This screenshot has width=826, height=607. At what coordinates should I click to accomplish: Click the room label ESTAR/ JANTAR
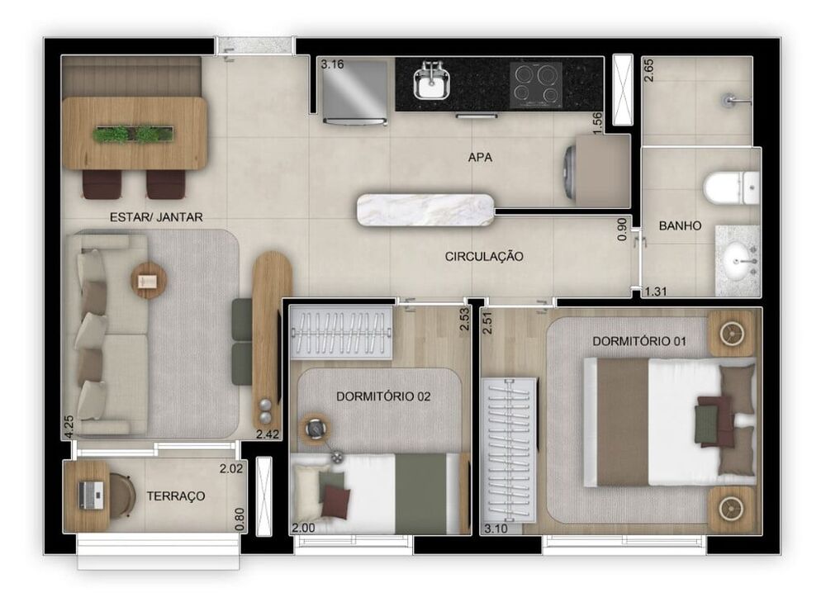[156, 217]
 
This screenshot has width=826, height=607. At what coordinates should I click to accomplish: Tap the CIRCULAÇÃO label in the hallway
[484, 257]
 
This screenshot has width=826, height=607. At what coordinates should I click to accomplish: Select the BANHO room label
[680, 225]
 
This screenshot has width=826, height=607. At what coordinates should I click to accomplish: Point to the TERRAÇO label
[176, 496]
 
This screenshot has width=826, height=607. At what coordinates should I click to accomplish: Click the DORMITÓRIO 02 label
[383, 396]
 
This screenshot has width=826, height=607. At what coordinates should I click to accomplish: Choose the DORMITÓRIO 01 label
[639, 341]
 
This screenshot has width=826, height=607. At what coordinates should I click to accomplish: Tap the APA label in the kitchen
[479, 157]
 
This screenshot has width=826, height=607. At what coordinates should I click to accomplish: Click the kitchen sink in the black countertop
[431, 83]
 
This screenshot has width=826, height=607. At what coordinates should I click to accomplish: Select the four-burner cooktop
[534, 83]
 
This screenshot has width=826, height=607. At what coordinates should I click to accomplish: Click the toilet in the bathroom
[731, 187]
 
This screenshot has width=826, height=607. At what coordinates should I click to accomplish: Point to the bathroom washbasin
[738, 260]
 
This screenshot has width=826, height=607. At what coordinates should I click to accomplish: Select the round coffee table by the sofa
[149, 280]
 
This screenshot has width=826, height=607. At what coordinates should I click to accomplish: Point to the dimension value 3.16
[332, 64]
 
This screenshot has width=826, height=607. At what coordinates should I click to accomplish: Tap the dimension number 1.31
[655, 291]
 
